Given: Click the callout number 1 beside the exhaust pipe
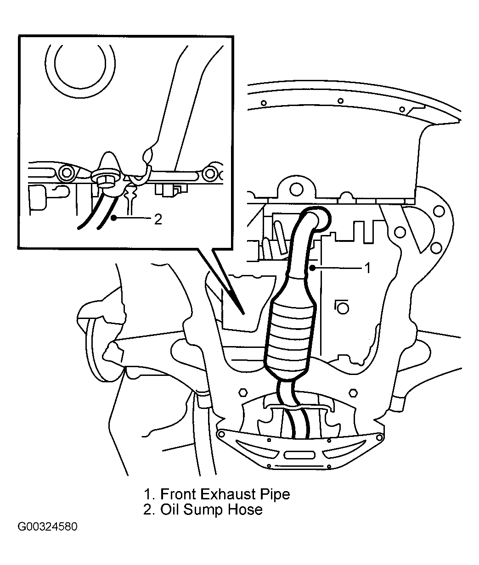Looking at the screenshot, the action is [367, 268].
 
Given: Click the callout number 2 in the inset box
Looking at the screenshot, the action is [158, 219].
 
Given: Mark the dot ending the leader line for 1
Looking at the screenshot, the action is [312, 269].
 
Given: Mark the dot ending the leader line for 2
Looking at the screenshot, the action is [114, 218].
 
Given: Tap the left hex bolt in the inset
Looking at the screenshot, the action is [66, 173].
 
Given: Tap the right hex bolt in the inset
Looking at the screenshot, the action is [210, 173].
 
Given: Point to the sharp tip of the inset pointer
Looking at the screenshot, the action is [244, 314].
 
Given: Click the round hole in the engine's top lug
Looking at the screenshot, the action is [296, 190].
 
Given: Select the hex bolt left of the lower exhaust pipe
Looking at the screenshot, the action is [243, 393].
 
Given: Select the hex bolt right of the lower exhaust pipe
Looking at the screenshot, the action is [353, 393].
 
